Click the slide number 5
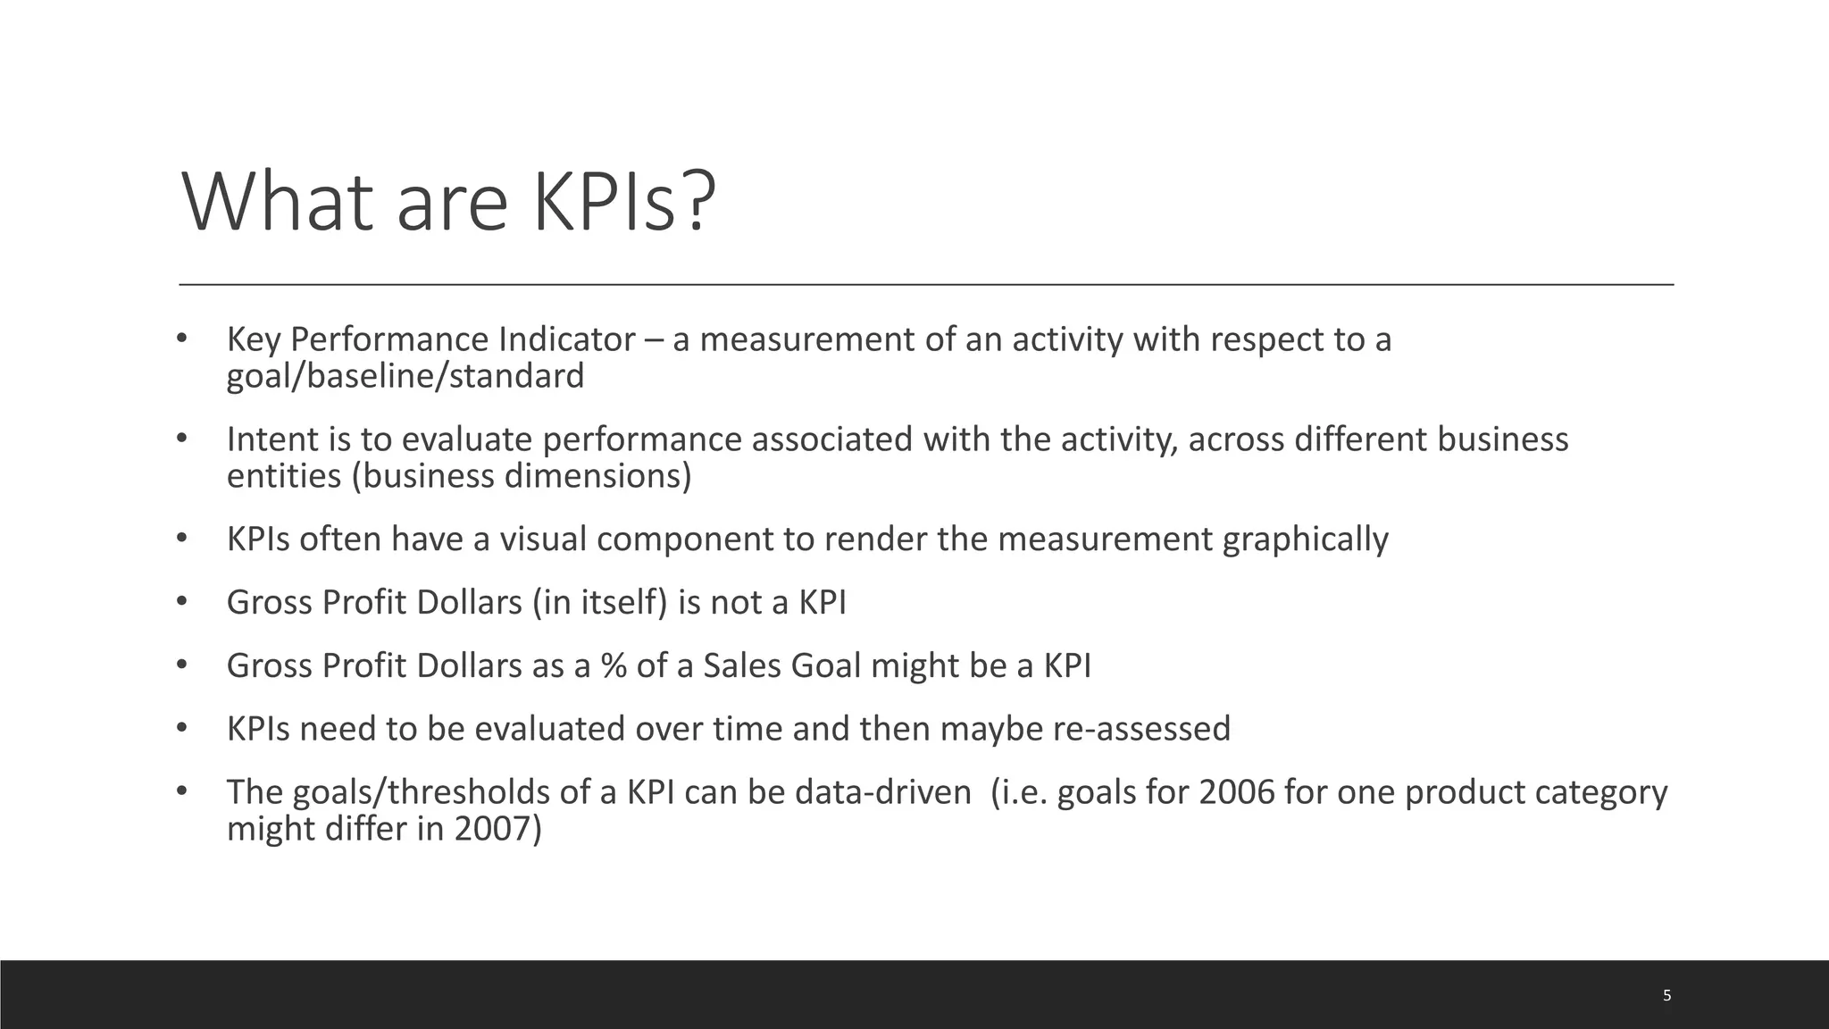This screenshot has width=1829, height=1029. point(1666,995)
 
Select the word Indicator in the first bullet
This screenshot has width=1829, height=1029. point(567,340)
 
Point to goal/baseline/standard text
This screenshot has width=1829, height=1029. point(405,376)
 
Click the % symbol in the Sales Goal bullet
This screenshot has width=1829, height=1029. point(614,666)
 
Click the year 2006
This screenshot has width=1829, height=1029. point(1236,793)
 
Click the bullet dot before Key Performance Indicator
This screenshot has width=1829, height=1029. point(181,339)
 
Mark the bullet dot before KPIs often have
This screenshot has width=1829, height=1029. point(181,539)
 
